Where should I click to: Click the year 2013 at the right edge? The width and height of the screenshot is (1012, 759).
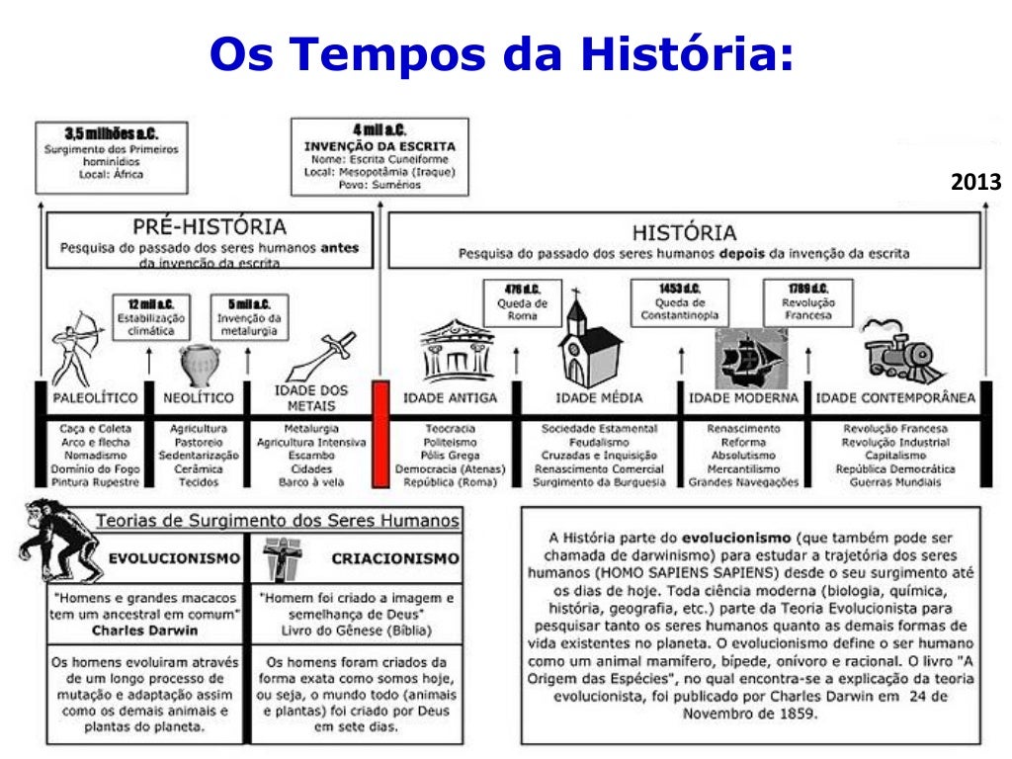click(x=976, y=183)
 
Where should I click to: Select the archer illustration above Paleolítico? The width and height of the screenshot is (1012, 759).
click(x=78, y=345)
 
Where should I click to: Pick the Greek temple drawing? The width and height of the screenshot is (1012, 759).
click(x=457, y=351)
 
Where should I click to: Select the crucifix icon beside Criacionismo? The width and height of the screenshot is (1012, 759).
click(x=279, y=559)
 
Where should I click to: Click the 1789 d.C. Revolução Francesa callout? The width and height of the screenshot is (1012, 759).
click(x=808, y=301)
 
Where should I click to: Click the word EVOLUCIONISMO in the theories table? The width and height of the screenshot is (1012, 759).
click(x=174, y=558)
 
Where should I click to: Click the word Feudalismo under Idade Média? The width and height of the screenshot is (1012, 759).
click(x=599, y=442)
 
